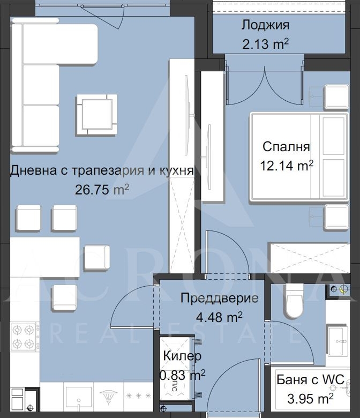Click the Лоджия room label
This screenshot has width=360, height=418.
click(x=265, y=26)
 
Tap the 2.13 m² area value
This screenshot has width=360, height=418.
click(x=265, y=44)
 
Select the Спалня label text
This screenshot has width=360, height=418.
click(x=286, y=147)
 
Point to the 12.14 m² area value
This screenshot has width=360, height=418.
click(x=287, y=166)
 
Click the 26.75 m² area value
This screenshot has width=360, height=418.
click(x=102, y=190)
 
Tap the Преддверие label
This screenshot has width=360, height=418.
click(x=219, y=298)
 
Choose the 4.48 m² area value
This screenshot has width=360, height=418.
click(x=219, y=317)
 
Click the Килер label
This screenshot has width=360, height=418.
click(x=182, y=356)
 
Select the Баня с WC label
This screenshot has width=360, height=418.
click(x=310, y=379)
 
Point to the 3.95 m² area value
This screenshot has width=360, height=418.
click(x=310, y=399)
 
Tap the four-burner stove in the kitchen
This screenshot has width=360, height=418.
click(x=24, y=337)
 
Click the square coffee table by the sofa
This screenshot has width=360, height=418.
click(x=97, y=115)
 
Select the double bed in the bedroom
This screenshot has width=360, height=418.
click(x=299, y=156)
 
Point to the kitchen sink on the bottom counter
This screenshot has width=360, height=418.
click(x=79, y=395)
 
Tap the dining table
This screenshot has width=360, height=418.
click(x=45, y=257)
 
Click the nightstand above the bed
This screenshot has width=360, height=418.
click(x=336, y=96)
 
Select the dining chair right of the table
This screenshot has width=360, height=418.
click(x=97, y=258)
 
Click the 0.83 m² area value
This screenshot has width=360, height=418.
click(x=182, y=375)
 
